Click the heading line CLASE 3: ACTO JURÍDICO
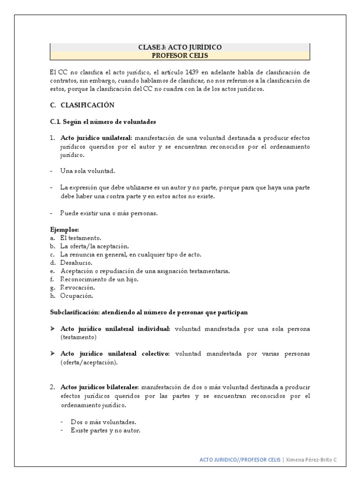180,47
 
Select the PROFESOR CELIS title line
180,55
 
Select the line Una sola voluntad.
88,171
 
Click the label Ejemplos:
65,230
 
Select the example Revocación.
77,287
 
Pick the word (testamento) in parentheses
78,337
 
